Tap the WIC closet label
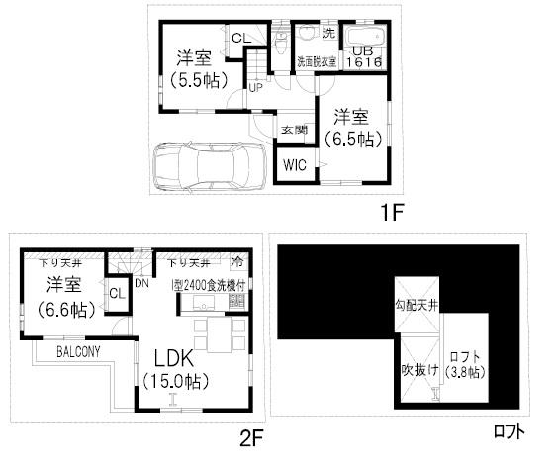[296, 165]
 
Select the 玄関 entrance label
[294, 130]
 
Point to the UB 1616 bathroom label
[363, 54]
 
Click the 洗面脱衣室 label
[317, 61]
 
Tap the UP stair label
[255, 86]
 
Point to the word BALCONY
[77, 352]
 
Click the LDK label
[178, 358]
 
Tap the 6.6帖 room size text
[65, 309]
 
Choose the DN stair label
[141, 284]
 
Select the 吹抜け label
[414, 370]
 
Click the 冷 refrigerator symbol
[236, 264]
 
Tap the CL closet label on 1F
[238, 38]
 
